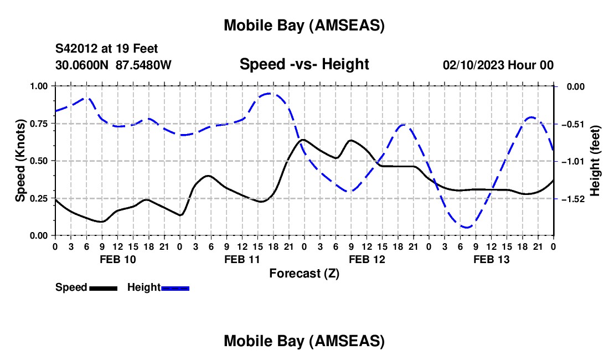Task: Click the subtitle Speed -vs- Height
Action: [304, 65]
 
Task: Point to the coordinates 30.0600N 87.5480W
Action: [113, 65]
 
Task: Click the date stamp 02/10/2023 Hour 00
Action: [498, 65]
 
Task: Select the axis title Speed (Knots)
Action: [20, 161]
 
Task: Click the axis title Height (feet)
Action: [595, 161]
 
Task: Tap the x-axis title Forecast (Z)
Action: [304, 273]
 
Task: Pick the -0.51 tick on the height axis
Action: [571, 124]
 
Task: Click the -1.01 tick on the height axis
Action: [571, 161]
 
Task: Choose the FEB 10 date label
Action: [117, 259]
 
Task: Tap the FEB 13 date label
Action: [492, 259]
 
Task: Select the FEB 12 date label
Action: [367, 259]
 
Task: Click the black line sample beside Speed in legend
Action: [103, 288]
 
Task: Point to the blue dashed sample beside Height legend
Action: [176, 288]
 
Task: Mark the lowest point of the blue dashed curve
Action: [467, 227]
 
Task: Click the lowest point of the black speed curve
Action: [101, 222]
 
